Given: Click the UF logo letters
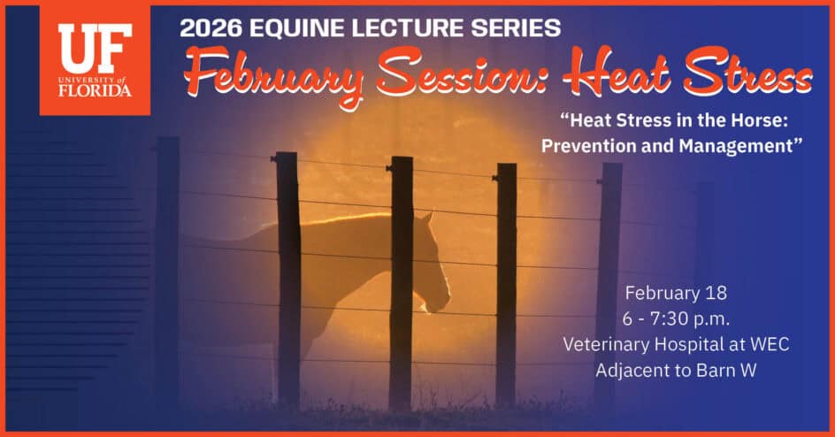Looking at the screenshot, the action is point(95,49).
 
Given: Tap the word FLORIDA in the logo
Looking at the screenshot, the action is point(95,90).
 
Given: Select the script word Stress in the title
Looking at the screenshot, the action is point(747,72).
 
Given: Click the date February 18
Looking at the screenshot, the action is point(676,293).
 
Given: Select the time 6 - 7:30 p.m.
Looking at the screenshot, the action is point(676,318).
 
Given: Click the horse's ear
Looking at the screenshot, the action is point(426,218).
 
